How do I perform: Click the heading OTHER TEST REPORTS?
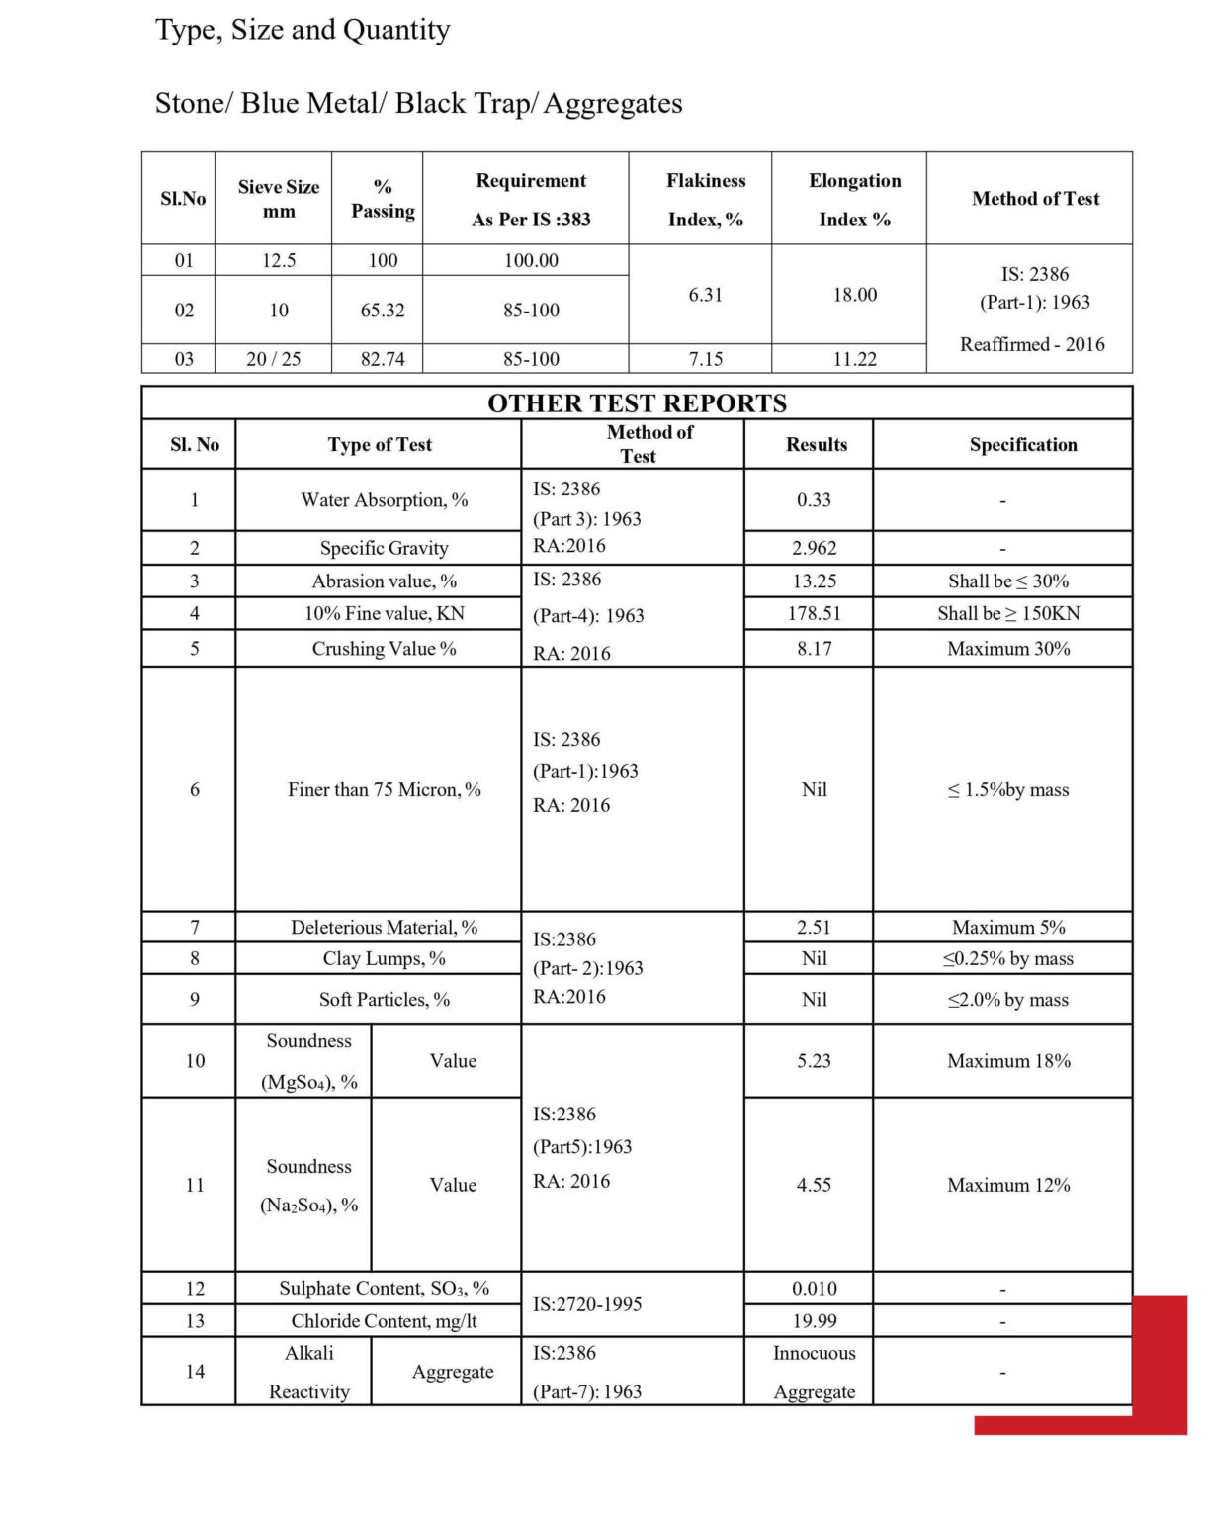click(637, 403)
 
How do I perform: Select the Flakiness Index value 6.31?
click(705, 295)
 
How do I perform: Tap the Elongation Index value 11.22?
click(854, 359)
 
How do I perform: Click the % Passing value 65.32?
click(383, 310)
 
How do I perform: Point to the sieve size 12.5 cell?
click(279, 260)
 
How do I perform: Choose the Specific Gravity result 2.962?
click(814, 548)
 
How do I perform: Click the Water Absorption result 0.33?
click(814, 500)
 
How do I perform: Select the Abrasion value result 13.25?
click(814, 581)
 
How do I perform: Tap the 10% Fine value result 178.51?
click(814, 614)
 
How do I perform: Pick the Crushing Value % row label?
click(384, 649)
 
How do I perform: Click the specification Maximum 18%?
click(1008, 1061)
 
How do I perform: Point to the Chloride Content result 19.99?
click(814, 1321)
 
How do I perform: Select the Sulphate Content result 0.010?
click(814, 1289)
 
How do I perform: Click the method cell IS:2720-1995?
click(587, 1304)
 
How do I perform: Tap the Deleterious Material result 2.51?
click(814, 928)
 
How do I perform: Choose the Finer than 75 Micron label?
click(384, 790)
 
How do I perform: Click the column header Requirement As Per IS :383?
click(531, 200)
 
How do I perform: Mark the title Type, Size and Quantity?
click(303, 30)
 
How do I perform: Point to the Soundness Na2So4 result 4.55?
click(814, 1185)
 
